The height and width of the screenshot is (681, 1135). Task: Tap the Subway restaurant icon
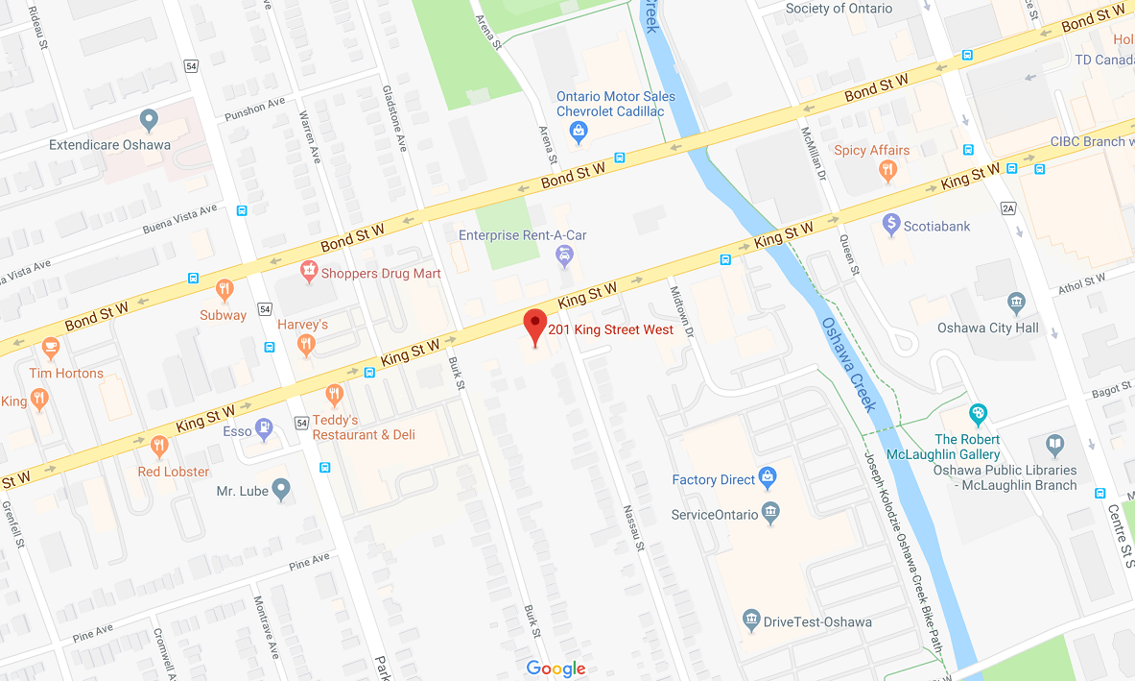point(224,289)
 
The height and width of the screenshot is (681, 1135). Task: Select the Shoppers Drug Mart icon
point(309,272)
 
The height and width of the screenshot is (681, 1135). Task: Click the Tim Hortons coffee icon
point(51,348)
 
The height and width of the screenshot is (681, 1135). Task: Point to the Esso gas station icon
point(264,429)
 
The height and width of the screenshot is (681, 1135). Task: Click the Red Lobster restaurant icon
point(159,447)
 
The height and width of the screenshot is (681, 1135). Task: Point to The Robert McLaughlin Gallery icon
point(978,415)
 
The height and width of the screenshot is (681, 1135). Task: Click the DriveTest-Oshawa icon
point(751,620)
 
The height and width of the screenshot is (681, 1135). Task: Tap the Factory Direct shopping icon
point(768,476)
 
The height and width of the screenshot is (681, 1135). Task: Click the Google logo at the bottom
point(556,669)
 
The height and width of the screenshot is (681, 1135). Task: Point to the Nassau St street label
point(634,528)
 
